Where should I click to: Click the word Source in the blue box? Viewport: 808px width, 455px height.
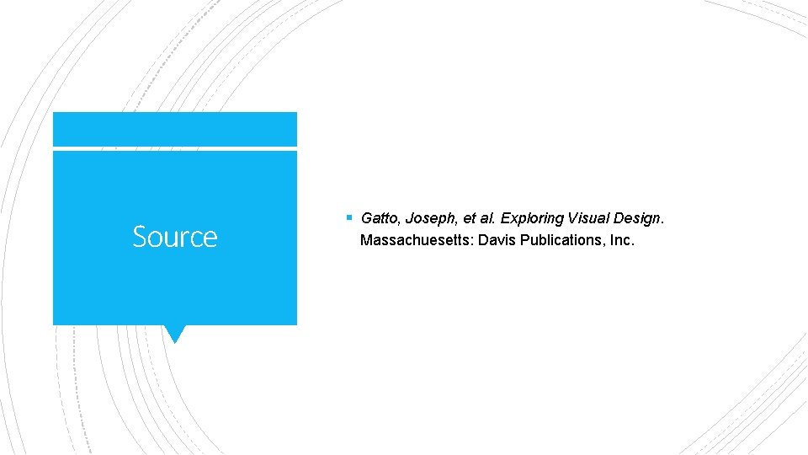click(x=174, y=237)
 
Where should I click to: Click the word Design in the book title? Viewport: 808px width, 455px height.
click(x=637, y=219)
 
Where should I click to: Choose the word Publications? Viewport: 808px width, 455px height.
click(x=562, y=241)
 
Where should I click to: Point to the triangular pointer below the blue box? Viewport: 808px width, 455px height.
click(x=174, y=334)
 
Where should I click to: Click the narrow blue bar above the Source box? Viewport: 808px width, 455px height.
click(x=174, y=129)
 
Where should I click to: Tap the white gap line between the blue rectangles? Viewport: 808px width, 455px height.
click(x=174, y=149)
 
